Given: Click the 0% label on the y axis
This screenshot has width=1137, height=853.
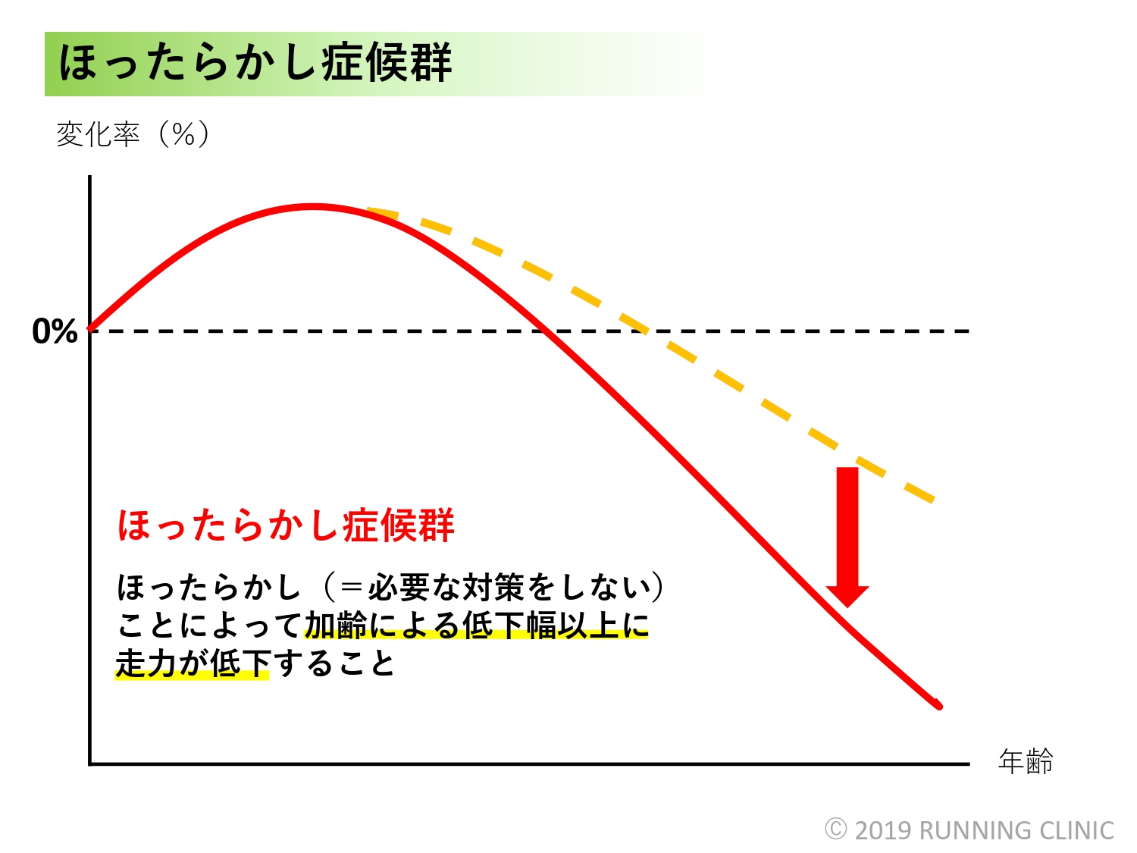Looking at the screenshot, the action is pyautogui.click(x=55, y=331).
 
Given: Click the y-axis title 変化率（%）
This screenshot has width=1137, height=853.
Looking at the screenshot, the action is pyautogui.click(x=133, y=134).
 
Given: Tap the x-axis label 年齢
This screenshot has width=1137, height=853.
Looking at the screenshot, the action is pyautogui.click(x=1026, y=761).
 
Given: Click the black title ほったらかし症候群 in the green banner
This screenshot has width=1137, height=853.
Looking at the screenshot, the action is pyautogui.click(x=255, y=63).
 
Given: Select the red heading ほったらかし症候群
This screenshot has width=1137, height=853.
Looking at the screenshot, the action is pyautogui.click(x=286, y=525).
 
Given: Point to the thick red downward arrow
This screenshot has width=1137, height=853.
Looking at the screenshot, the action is pyautogui.click(x=847, y=537).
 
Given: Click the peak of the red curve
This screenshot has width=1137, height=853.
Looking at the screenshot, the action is pyautogui.click(x=312, y=207).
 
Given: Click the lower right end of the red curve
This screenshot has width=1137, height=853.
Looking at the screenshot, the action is pyautogui.click(x=939, y=706).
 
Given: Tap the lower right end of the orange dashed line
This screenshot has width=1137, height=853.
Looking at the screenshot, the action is pyautogui.click(x=933, y=500).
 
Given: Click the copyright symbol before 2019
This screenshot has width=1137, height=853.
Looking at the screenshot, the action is pyautogui.click(x=835, y=829).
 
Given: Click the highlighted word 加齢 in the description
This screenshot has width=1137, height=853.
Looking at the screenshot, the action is pyautogui.click(x=336, y=626).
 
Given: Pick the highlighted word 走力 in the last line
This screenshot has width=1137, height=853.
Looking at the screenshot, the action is pyautogui.click(x=146, y=663).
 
